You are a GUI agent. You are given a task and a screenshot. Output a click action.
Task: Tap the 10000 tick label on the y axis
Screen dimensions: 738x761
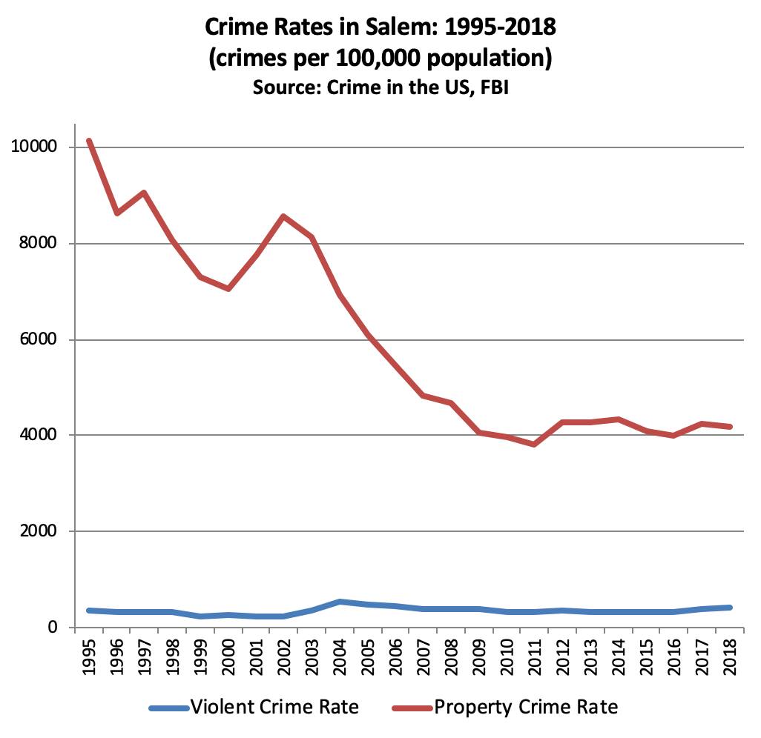pyautogui.click(x=35, y=147)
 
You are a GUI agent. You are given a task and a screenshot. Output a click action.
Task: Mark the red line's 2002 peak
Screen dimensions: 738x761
pyautogui.click(x=283, y=216)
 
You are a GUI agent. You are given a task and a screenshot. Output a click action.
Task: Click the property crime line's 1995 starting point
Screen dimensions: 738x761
pyautogui.click(x=89, y=140)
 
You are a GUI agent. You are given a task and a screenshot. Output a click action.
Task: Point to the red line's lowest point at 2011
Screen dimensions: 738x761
pyautogui.click(x=533, y=445)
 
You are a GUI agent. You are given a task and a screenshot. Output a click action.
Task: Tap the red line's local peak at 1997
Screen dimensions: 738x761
pyautogui.click(x=145, y=193)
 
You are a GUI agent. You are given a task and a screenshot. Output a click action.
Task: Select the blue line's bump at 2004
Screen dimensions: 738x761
pyautogui.click(x=339, y=602)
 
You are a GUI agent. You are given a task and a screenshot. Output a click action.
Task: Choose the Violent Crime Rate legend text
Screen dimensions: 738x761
pyautogui.click(x=275, y=707)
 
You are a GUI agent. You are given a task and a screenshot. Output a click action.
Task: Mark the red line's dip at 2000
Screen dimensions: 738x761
pyautogui.click(x=228, y=288)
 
